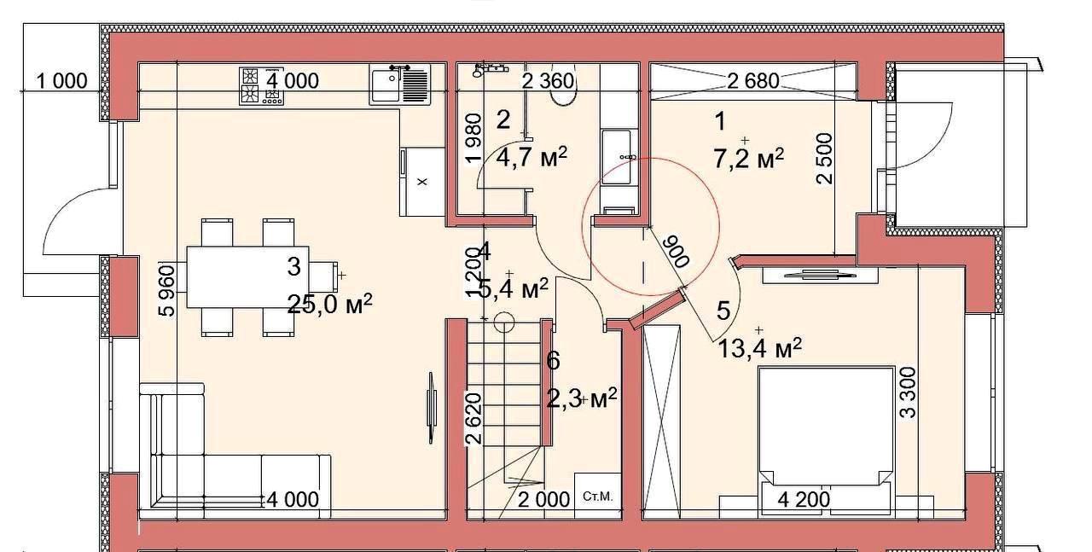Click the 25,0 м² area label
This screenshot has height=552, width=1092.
coord(330,305)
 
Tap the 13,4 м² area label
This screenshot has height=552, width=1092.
coord(760,348)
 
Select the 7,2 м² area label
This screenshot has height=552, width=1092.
coord(749,159)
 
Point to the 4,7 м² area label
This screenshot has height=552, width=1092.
coord(531,157)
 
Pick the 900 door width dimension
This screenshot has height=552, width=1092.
coord(677,251)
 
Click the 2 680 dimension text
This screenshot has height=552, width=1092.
coord(753,81)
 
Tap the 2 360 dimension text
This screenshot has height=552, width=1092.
coord(548,81)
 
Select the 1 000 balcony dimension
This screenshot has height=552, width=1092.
coord(62,81)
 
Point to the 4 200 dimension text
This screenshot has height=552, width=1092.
coord(804,499)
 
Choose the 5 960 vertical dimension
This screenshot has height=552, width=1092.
coord(166,291)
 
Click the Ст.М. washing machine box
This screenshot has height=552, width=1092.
coord(598,496)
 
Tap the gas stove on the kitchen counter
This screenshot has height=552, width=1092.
coord(261,86)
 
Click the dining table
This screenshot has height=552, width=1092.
coord(247,277)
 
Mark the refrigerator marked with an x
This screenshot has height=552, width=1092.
coord(422,182)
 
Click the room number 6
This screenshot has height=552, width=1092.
coord(554,361)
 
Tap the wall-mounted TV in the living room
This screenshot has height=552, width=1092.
coord(431,408)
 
